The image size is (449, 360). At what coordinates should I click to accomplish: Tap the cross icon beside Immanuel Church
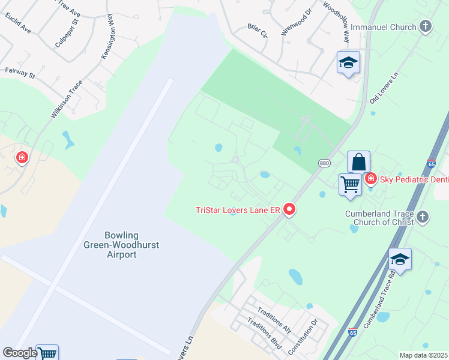click(x=425, y=26)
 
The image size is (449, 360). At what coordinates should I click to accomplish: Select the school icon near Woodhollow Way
click(x=348, y=63)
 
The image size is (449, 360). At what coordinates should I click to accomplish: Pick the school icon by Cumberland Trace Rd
click(x=400, y=259)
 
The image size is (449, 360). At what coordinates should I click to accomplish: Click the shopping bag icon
click(x=358, y=161)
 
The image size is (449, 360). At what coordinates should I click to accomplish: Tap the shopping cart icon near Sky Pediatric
click(x=350, y=184)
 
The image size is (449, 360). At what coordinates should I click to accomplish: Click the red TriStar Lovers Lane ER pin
click(x=290, y=209)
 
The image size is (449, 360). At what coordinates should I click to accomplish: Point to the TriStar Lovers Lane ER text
click(x=238, y=210)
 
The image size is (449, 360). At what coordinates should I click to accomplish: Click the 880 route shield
click(x=324, y=163)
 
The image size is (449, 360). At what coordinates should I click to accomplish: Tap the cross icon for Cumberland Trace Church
click(x=423, y=217)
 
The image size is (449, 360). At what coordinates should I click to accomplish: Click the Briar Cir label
click(x=258, y=30)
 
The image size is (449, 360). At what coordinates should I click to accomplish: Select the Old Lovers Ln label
click(x=384, y=89)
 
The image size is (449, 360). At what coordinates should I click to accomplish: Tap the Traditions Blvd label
click(x=264, y=335)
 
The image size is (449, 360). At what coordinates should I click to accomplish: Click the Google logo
click(x=20, y=353)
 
